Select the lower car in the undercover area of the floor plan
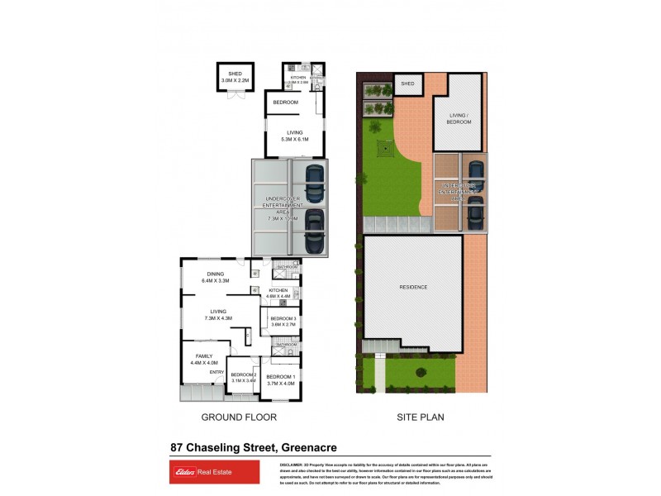(x=314, y=231)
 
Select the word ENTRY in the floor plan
(x=216, y=372)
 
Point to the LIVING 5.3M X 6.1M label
(x=294, y=136)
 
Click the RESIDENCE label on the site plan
(x=413, y=287)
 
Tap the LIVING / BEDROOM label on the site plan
(x=459, y=118)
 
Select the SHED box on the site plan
(x=407, y=83)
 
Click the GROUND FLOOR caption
(x=239, y=417)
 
